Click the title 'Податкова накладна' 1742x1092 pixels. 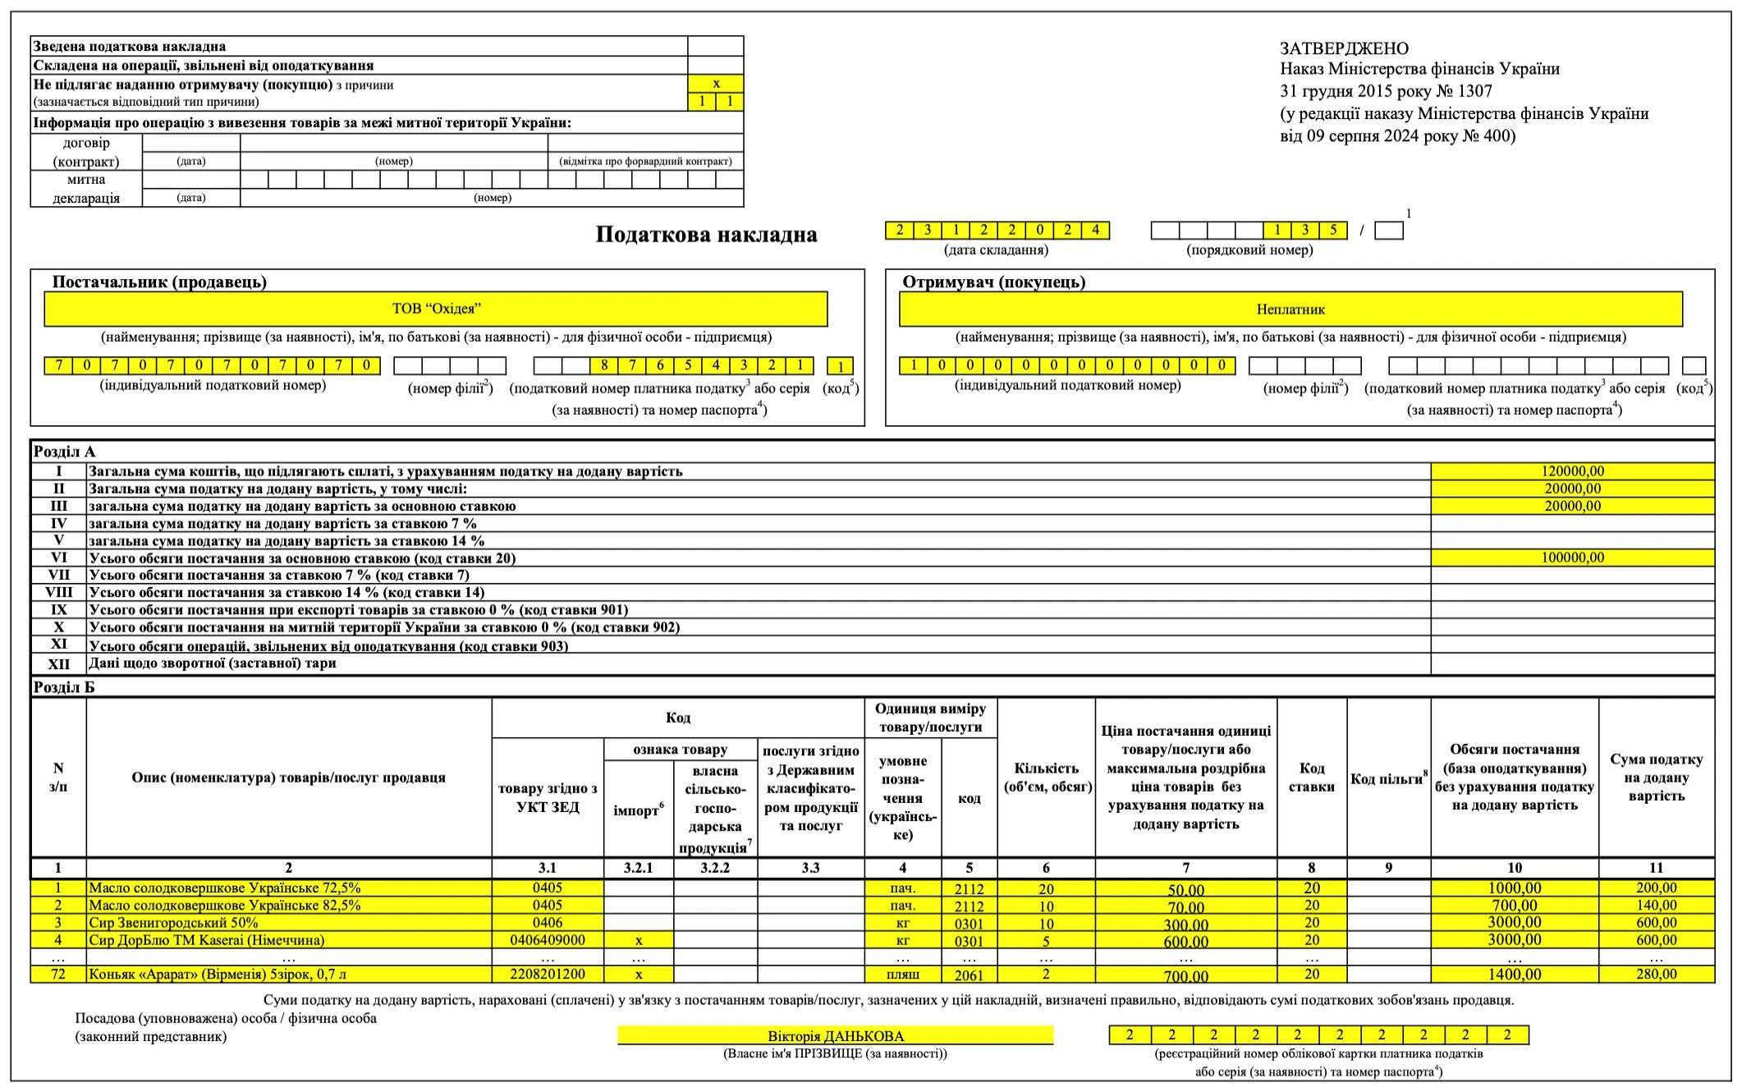(706, 235)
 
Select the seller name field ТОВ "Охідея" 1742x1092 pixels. (436, 309)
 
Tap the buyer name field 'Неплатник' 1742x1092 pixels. (1290, 310)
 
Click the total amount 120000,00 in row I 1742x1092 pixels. (1572, 471)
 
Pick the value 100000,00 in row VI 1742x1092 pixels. (1572, 557)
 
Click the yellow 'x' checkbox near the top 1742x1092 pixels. (716, 84)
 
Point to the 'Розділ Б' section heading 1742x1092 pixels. (64, 687)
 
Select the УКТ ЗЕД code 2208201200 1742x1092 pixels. (548, 975)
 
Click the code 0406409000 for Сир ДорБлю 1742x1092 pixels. (548, 940)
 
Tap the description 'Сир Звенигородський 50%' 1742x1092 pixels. (173, 923)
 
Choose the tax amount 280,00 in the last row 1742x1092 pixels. (1656, 975)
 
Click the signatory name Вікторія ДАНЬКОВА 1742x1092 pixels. (835, 1036)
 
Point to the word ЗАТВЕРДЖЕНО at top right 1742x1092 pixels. (1344, 48)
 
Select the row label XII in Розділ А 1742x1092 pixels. (58, 663)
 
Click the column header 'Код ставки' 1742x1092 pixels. (1311, 777)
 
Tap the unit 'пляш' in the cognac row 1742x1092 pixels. (902, 975)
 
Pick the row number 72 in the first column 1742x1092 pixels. (58, 975)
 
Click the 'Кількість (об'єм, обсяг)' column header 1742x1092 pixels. (1046, 777)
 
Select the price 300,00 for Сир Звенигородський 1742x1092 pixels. (1185, 925)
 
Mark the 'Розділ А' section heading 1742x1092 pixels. (64, 452)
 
